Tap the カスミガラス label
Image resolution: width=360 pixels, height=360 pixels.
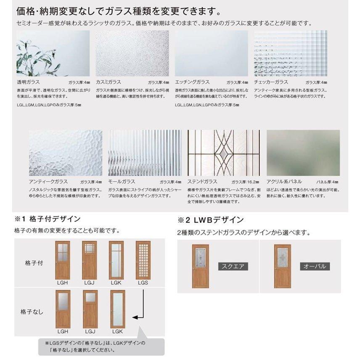(x=109, y=82)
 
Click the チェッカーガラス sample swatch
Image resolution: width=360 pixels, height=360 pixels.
(x=291, y=53)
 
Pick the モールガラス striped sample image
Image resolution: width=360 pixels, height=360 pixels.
(x=145, y=153)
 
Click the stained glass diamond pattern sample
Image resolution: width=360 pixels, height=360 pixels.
(x=224, y=153)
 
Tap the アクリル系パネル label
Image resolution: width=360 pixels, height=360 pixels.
(x=284, y=182)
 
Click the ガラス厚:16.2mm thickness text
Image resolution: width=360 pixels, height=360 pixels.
(x=246, y=182)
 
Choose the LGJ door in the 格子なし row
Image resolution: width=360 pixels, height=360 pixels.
(x=90, y=309)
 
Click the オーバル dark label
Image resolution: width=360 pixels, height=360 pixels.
(x=315, y=266)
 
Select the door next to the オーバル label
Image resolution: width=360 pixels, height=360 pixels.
(x=283, y=266)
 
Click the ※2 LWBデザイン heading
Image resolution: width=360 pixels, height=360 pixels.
(x=210, y=220)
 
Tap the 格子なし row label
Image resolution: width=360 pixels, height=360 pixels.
(x=31, y=312)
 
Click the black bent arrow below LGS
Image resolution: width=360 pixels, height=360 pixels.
(x=140, y=309)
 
